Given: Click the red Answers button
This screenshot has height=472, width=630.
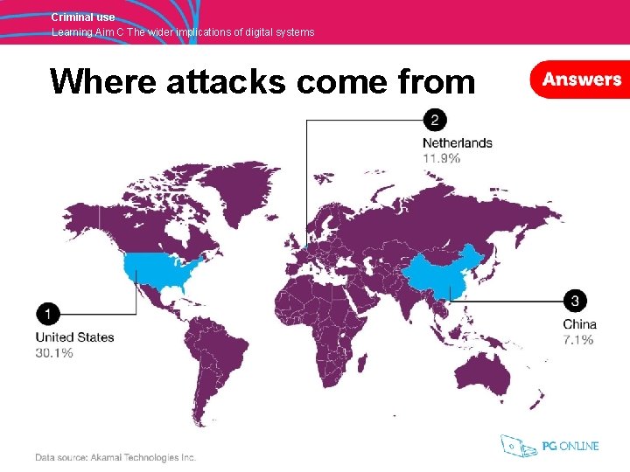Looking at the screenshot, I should coord(580,80).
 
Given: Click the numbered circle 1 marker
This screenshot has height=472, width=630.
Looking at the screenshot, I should coord(48,314).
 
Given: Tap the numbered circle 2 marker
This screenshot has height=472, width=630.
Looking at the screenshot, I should coord(434,119).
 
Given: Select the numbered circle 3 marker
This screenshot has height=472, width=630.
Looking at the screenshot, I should coord(575,301).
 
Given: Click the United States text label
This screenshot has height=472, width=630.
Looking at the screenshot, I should coord(74,337).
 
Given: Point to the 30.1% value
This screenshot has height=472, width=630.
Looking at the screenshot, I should coord(54,353).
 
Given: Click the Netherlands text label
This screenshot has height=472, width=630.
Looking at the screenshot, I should coord(457,143).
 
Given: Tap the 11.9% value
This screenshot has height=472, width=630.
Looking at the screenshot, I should coord(441,158).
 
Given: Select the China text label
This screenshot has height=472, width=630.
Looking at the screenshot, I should coord(580,324).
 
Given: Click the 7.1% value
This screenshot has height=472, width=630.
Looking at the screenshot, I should coord(578,339).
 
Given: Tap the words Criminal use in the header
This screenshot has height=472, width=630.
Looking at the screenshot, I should coord(82,17).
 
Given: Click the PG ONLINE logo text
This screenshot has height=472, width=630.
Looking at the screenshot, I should coord(570,447).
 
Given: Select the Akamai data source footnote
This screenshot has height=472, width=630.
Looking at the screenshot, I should coord(115,457).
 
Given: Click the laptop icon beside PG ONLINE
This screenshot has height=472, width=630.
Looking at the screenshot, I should coord(519,446).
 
